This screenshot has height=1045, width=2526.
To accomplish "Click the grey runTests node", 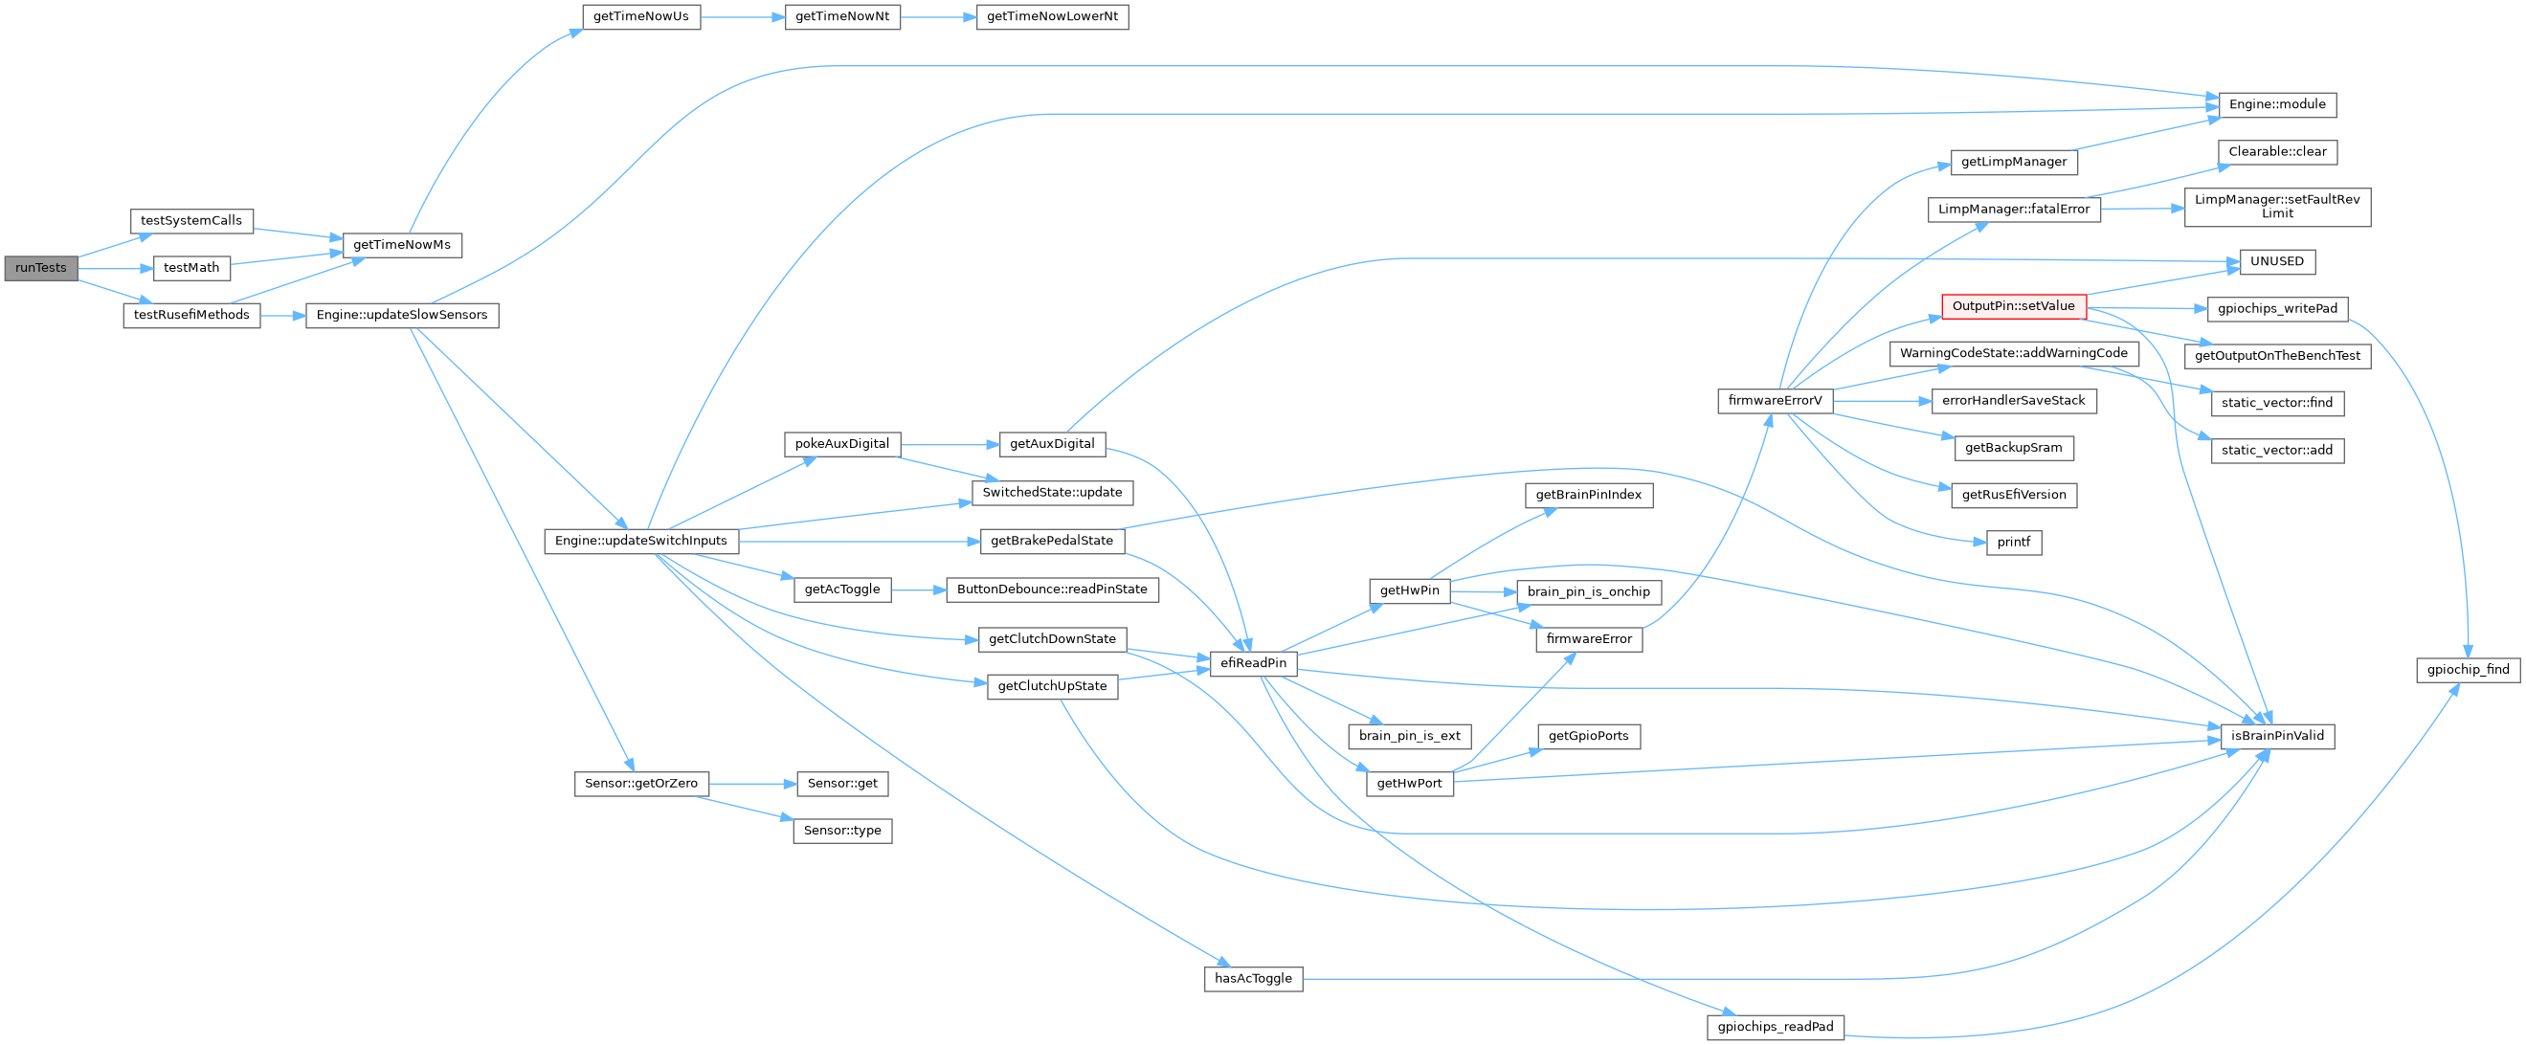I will click(x=40, y=268).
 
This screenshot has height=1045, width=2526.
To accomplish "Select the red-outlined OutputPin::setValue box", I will click(x=2013, y=306).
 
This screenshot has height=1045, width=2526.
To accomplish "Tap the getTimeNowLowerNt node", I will click(x=1052, y=16).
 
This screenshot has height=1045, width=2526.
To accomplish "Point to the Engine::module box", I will click(x=2277, y=104).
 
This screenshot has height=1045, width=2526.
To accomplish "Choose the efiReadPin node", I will click(x=1253, y=662).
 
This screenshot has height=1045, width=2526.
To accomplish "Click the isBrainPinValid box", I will click(x=2277, y=735).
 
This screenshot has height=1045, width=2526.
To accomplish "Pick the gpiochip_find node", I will click(x=2468, y=670).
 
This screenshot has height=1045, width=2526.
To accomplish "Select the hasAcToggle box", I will click(x=1253, y=978).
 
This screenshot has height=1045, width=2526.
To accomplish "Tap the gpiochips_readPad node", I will click(x=1775, y=1027).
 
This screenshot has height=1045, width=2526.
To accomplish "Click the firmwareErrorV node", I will click(x=1775, y=400).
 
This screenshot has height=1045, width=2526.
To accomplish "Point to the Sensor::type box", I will click(x=842, y=831).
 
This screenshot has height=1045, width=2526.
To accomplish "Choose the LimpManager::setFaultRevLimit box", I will click(x=2277, y=207).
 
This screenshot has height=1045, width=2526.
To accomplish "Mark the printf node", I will click(x=2013, y=542).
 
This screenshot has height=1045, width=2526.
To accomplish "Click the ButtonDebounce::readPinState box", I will click(x=1052, y=589).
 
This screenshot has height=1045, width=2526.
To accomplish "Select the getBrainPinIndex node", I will click(x=1589, y=495).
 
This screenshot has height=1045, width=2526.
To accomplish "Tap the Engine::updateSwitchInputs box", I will click(x=641, y=540).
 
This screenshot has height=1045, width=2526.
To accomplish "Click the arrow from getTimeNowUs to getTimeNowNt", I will click(x=743, y=16).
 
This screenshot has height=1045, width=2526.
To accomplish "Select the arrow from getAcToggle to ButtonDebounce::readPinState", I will click(x=918, y=589).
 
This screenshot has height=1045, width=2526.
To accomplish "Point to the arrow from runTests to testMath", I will click(x=115, y=268).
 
